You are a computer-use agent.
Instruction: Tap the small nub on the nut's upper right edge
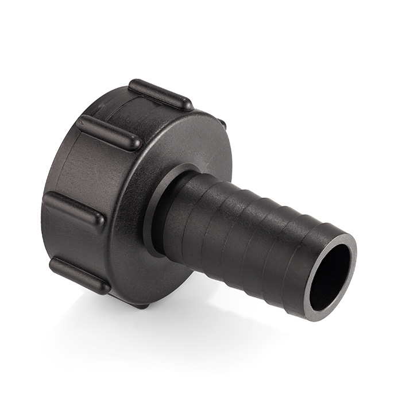click(221, 123)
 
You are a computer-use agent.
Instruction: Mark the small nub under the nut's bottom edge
click(141, 304)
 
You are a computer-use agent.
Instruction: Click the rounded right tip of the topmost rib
click(187, 105)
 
